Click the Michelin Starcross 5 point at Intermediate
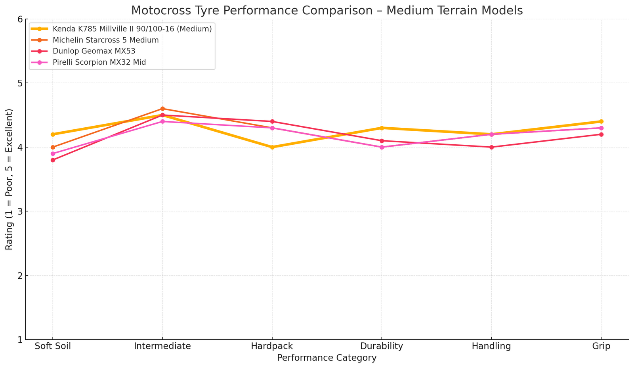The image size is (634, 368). click(162, 109)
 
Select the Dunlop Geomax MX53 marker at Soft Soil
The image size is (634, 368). click(53, 160)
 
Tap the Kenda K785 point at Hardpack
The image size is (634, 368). click(272, 147)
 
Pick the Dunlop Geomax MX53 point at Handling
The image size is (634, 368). click(492, 147)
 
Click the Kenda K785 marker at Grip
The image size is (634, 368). click(602, 121)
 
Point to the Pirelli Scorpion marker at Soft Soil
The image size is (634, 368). click(53, 153)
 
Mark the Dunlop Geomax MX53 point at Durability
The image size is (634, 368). click(382, 141)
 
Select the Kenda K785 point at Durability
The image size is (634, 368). click(382, 128)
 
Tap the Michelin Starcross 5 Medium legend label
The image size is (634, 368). click(105, 40)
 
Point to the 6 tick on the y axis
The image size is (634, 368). click(19, 19)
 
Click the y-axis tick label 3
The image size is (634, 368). click(19, 211)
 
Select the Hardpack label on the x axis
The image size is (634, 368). click(272, 346)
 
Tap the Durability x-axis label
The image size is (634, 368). click(382, 346)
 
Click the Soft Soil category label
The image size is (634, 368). click(53, 346)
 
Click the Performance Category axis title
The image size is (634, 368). click(327, 358)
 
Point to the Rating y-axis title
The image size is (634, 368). click(9, 179)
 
